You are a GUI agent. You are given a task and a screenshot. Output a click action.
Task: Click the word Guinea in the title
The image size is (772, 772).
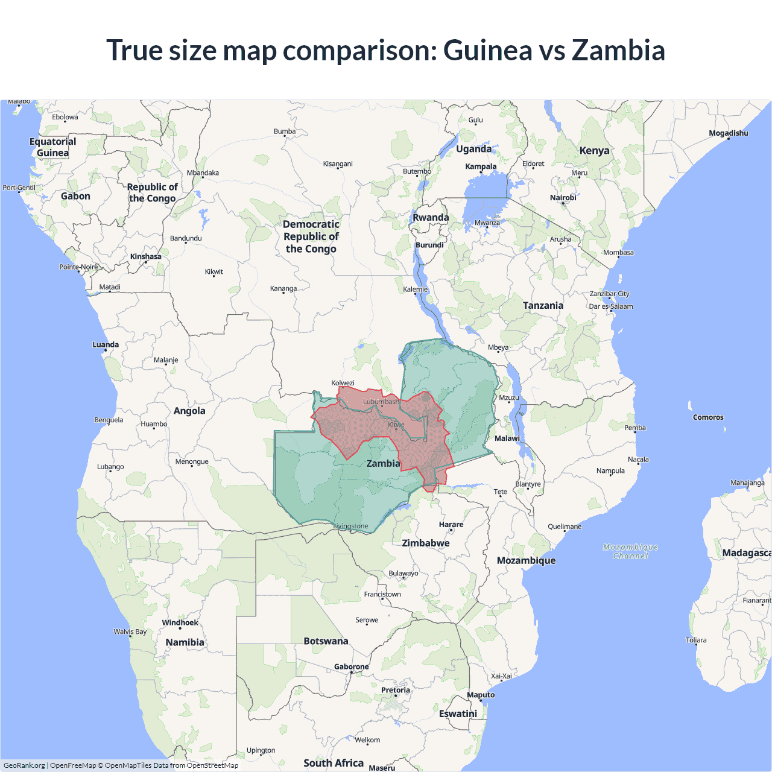[x=487, y=50]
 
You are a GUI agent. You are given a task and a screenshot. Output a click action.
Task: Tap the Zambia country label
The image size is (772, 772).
[x=383, y=463]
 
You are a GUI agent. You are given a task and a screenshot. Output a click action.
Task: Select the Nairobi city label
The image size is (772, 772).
[x=563, y=198]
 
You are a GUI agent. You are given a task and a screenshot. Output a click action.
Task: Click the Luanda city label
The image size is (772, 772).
[x=106, y=345]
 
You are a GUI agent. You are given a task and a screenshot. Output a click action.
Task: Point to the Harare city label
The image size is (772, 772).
[x=451, y=525]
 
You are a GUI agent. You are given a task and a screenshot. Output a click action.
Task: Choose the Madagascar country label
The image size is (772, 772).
[x=746, y=553]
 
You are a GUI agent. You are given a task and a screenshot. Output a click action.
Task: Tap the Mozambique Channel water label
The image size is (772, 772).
[x=630, y=551]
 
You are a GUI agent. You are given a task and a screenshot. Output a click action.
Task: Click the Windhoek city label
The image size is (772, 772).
[x=180, y=622]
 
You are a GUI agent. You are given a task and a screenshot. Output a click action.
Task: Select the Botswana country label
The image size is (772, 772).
[x=326, y=641]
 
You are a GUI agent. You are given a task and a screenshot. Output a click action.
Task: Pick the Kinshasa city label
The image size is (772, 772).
[x=146, y=257]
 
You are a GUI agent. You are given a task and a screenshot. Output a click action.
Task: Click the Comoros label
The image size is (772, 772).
[x=708, y=417]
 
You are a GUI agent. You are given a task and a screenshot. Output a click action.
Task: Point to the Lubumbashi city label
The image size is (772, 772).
[x=381, y=402]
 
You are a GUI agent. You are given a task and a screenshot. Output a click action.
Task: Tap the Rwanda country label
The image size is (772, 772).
[x=431, y=218]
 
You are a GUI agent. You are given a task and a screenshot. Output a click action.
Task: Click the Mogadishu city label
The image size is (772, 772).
[x=729, y=133]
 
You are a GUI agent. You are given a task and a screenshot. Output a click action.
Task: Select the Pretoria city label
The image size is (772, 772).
[x=396, y=690]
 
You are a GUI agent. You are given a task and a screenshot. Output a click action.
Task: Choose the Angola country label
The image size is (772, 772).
[x=189, y=411]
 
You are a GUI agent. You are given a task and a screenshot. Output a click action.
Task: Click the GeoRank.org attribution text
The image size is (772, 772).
[x=24, y=765]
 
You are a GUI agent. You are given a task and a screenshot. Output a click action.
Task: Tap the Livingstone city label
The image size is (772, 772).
[x=351, y=527]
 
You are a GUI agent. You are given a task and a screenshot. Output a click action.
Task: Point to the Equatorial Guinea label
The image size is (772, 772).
[x=53, y=147]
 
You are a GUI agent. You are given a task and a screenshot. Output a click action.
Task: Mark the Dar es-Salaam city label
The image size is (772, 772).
[x=611, y=306]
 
